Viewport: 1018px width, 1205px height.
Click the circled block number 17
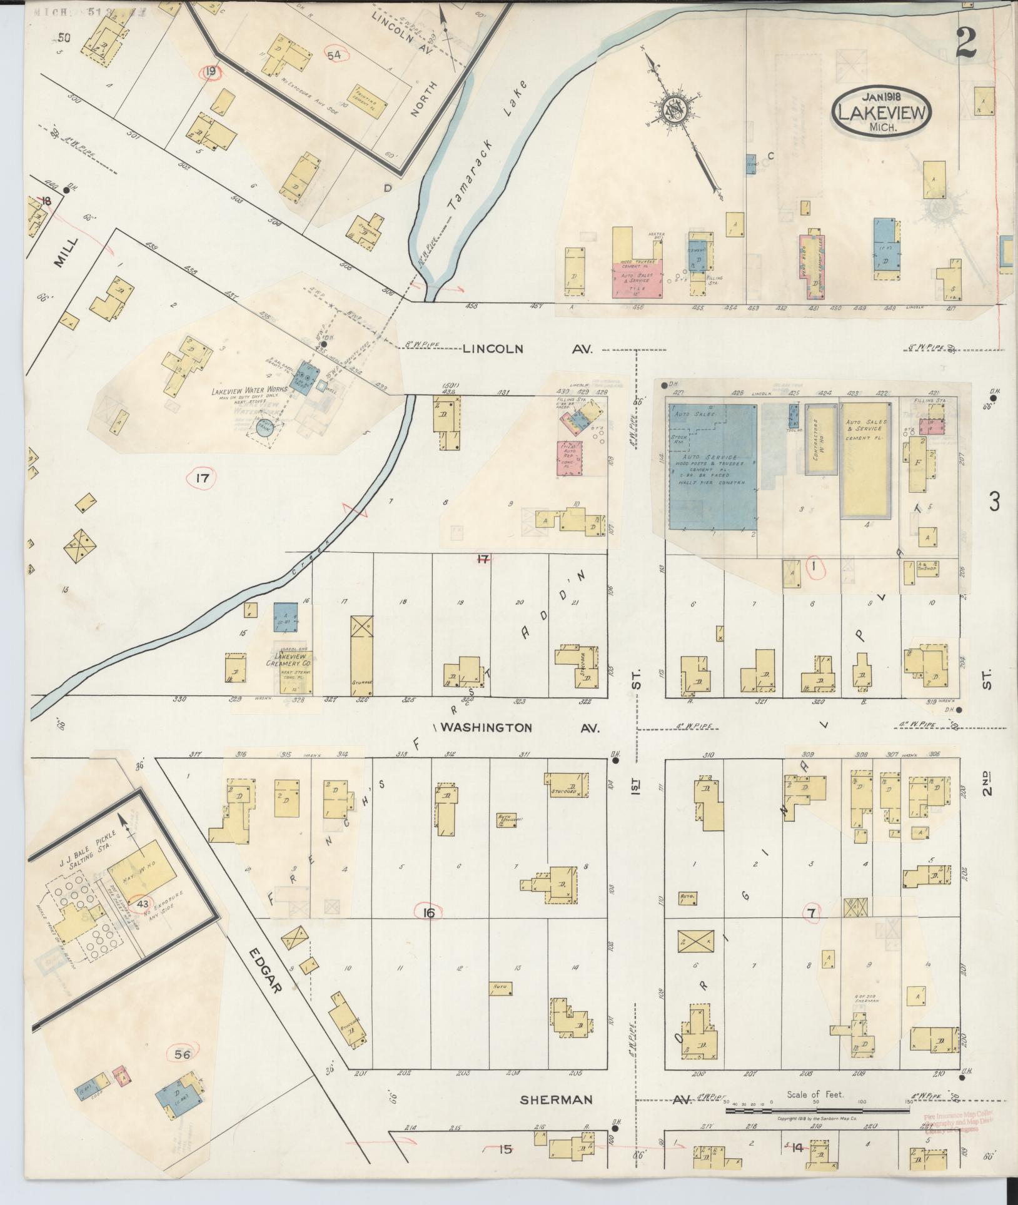click(201, 479)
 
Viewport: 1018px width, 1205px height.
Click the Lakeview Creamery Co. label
click(291, 660)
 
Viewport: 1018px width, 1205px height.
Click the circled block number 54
click(334, 56)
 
